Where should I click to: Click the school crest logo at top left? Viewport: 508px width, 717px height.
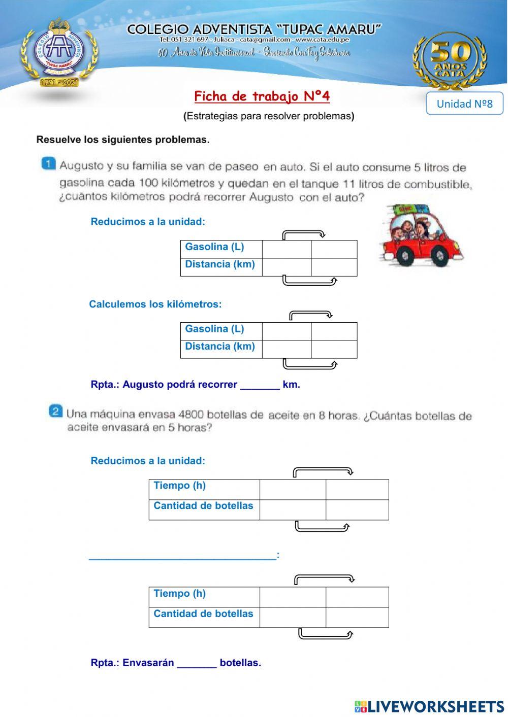[x=59, y=52]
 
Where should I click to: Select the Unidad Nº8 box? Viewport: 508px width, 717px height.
[x=464, y=104]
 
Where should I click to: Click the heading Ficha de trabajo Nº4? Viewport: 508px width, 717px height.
[x=262, y=96]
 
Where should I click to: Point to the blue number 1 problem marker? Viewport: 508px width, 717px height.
[x=48, y=163]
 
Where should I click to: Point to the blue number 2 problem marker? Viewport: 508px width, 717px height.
[x=55, y=411]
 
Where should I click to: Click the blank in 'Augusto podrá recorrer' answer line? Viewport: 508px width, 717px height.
[x=260, y=385]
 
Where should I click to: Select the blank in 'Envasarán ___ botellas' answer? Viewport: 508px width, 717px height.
[x=197, y=663]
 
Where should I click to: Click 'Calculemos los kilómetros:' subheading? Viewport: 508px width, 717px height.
[x=155, y=304]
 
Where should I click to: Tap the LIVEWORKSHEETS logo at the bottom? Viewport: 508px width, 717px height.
[x=429, y=706]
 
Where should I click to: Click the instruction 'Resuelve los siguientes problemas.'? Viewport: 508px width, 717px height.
[x=123, y=140]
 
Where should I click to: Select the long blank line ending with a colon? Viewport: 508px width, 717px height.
[x=183, y=556]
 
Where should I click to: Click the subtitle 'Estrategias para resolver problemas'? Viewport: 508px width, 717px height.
[x=269, y=116]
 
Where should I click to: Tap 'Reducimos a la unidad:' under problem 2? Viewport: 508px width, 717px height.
[x=148, y=461]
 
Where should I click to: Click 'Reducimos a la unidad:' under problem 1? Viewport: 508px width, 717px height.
[x=148, y=222]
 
